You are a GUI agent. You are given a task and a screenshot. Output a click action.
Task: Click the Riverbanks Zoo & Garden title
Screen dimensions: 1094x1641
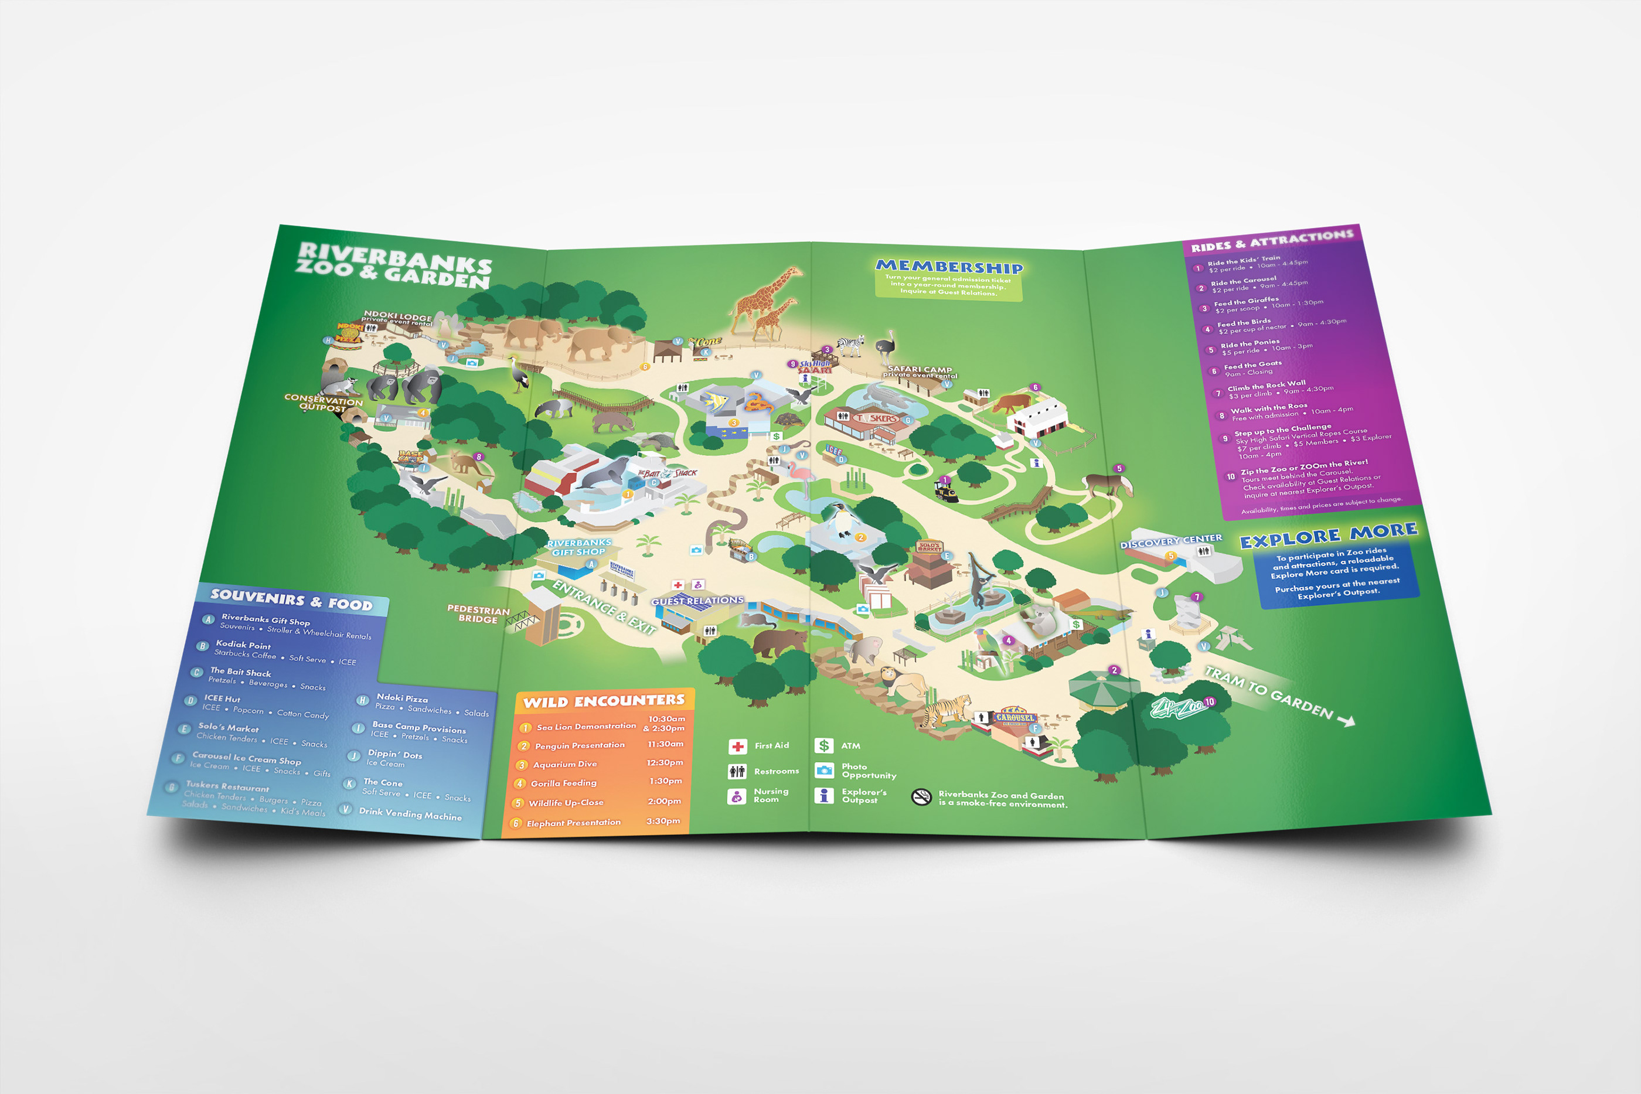(394, 265)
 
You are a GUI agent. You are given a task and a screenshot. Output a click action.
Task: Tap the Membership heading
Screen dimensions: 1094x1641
(949, 267)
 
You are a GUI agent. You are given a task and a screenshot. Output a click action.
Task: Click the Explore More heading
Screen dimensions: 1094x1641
(1327, 535)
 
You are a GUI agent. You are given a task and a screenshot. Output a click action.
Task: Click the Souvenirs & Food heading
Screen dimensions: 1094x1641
(292, 599)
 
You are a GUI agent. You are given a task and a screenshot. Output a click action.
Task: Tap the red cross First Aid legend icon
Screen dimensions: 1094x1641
(737, 747)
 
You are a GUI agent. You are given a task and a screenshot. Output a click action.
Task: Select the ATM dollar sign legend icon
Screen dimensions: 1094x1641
(823, 746)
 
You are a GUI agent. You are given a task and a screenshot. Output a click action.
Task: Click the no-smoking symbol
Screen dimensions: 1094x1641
(921, 798)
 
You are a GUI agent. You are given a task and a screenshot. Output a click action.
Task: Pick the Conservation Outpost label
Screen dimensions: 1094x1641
(323, 402)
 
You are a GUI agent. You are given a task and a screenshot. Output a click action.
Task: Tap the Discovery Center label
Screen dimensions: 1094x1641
(1171, 541)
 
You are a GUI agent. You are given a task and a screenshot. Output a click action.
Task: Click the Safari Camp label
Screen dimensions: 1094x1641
(920, 371)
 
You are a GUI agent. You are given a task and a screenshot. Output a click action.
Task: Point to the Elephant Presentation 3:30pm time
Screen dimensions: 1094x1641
(663, 821)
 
